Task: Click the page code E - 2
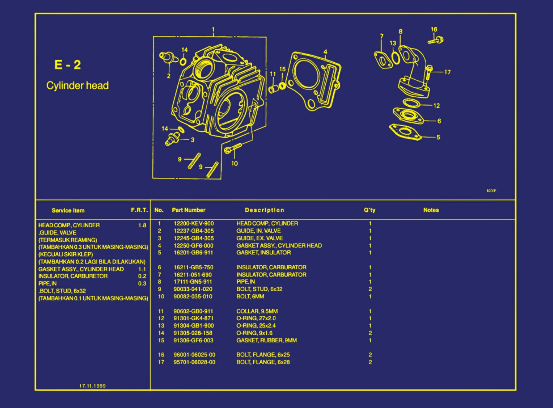(67, 65)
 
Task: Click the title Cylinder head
(77, 85)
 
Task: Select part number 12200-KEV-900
(194, 223)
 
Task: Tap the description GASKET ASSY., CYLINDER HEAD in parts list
(279, 245)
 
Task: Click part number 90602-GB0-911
(193, 311)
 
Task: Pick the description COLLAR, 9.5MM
(257, 311)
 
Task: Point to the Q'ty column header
(370, 210)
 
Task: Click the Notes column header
(431, 210)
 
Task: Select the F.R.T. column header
(139, 210)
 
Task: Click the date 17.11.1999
(92, 386)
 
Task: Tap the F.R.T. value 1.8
(142, 225)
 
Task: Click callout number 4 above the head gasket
(325, 52)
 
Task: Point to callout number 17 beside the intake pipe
(447, 72)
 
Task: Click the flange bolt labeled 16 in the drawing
(436, 40)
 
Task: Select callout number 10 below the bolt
(235, 163)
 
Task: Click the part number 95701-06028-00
(194, 362)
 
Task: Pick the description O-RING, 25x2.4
(256, 325)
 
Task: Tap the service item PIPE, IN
(47, 283)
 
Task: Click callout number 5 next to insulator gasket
(438, 137)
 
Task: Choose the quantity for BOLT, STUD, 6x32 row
(370, 289)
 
